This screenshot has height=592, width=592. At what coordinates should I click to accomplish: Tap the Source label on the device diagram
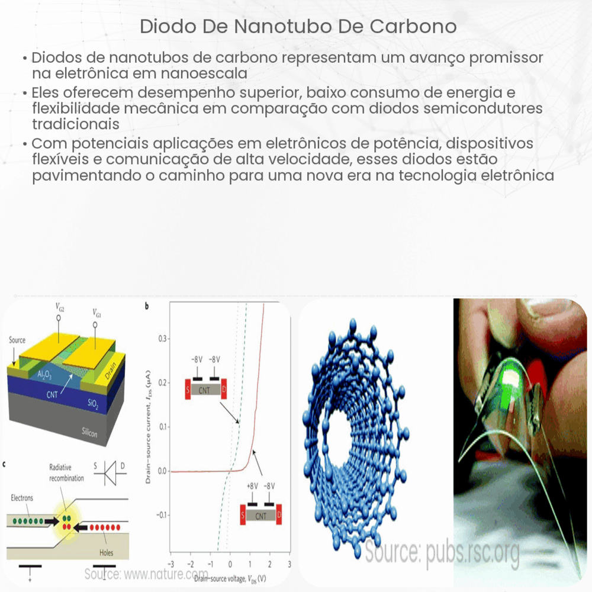(x=17, y=340)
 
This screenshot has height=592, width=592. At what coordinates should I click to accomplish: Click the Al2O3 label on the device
(x=43, y=375)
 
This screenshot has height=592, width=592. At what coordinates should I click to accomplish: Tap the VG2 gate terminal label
(x=60, y=307)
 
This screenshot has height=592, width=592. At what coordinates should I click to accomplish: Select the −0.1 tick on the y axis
(x=159, y=516)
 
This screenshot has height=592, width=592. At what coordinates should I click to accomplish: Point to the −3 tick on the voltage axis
(x=170, y=563)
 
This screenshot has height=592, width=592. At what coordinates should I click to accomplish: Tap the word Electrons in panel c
(x=22, y=498)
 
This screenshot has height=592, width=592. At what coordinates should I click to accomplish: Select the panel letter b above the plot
(x=147, y=307)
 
